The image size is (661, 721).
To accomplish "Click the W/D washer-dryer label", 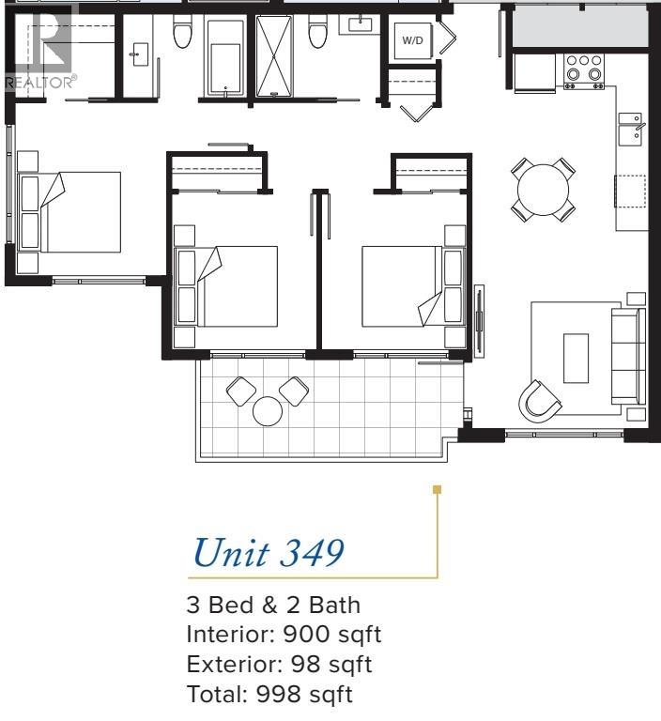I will [x=413, y=41].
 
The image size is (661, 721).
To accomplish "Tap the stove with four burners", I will [x=583, y=71].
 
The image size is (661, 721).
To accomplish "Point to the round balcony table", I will [x=269, y=411].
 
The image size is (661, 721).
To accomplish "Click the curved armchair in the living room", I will [x=541, y=399].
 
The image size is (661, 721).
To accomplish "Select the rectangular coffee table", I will [x=576, y=358].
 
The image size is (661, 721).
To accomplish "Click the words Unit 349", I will [x=266, y=553].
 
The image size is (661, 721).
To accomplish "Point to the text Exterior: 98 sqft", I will [x=280, y=666].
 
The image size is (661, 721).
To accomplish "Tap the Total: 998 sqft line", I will [x=270, y=696].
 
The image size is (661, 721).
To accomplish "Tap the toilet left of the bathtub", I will [x=183, y=35].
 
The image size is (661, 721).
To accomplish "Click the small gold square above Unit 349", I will [x=436, y=489].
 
